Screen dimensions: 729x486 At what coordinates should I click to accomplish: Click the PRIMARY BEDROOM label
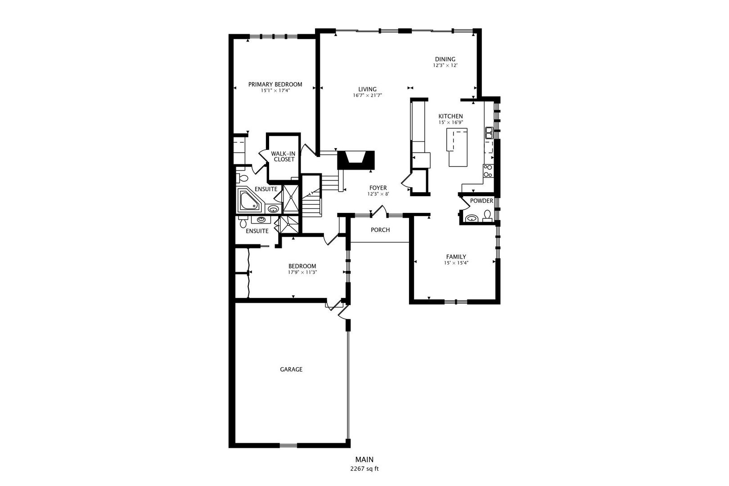275,85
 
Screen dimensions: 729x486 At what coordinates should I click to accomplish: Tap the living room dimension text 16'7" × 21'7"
367,95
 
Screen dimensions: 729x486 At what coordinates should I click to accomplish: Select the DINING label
445,59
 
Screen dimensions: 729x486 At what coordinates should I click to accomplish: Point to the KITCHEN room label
450,116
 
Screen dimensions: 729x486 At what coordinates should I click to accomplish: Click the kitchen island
457,147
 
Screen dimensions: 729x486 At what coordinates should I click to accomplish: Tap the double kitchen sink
489,133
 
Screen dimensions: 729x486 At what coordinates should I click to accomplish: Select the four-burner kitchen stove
488,171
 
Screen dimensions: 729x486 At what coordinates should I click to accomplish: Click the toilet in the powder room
487,216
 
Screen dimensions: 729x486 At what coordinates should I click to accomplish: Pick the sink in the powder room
471,218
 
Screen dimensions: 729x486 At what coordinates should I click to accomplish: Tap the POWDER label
481,201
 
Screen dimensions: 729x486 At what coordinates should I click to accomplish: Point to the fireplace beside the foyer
356,160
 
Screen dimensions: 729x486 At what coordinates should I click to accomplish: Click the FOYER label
378,188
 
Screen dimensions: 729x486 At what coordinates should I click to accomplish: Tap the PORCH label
380,230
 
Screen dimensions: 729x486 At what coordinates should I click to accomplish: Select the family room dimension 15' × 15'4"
456,263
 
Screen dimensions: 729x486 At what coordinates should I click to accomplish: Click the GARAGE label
291,369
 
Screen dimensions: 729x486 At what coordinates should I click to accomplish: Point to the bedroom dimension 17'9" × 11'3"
302,272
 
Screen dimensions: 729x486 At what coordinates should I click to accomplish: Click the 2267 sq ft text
364,469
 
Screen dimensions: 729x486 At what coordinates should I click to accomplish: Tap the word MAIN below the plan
364,459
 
